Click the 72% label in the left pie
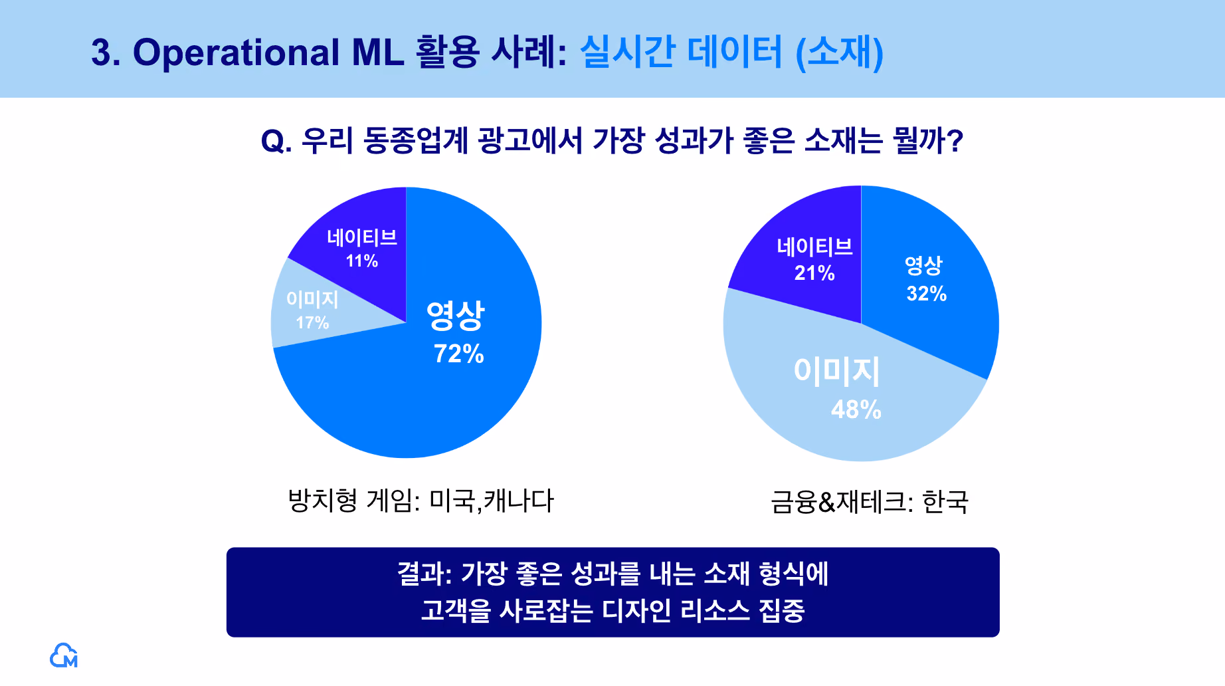point(458,354)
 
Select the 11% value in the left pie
point(362,261)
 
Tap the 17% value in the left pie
point(312,322)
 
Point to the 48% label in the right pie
point(856,409)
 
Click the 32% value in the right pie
point(927,293)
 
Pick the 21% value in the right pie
point(814,273)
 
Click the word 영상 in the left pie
point(456,315)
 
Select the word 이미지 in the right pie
point(836,371)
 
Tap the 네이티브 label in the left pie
point(362,237)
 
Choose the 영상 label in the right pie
point(924,265)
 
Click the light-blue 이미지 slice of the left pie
point(312,306)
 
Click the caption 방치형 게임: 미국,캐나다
point(421,501)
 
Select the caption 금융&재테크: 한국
point(870,502)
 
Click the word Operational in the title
point(236,53)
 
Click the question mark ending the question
point(955,140)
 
